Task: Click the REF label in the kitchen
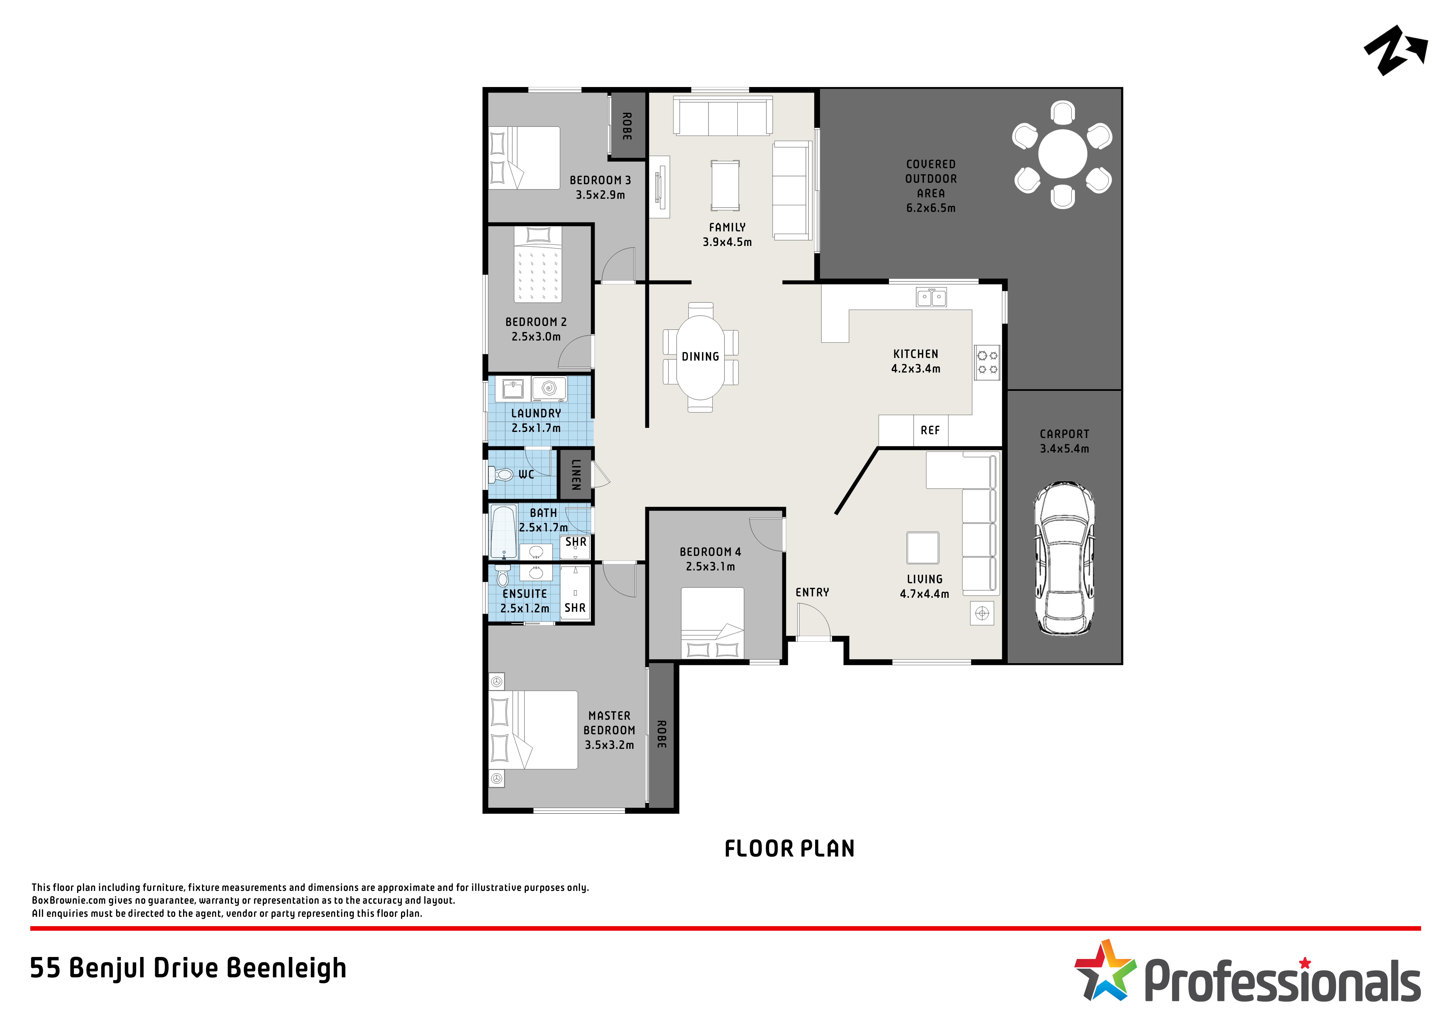(x=930, y=430)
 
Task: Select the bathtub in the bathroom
(x=504, y=532)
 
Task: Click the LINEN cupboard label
(x=575, y=474)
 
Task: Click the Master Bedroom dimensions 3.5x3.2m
(x=609, y=745)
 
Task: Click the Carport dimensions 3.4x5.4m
(x=1064, y=449)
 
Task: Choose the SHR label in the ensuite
(x=575, y=608)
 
